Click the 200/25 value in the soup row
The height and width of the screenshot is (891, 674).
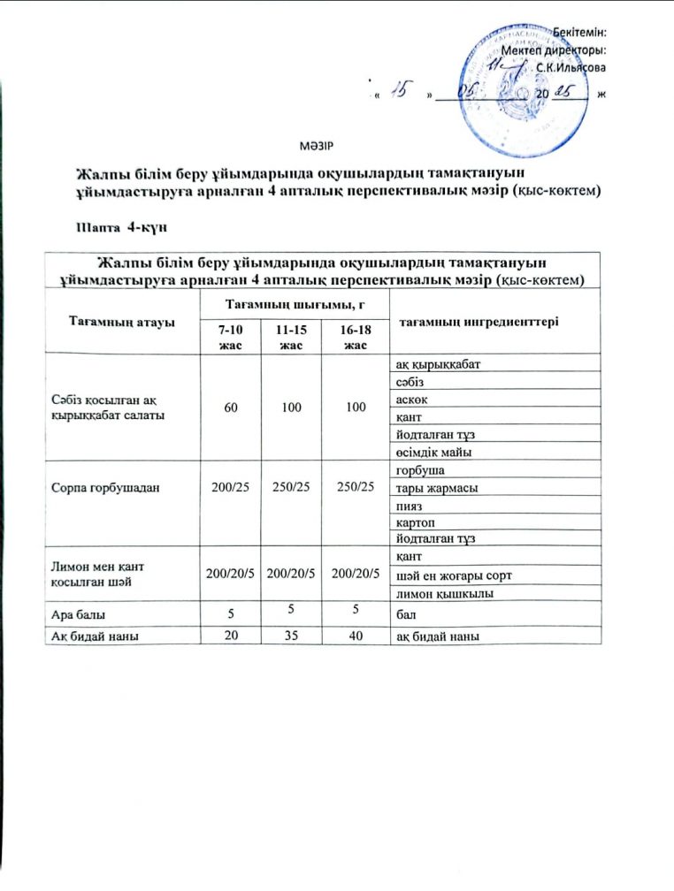coord(228,486)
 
